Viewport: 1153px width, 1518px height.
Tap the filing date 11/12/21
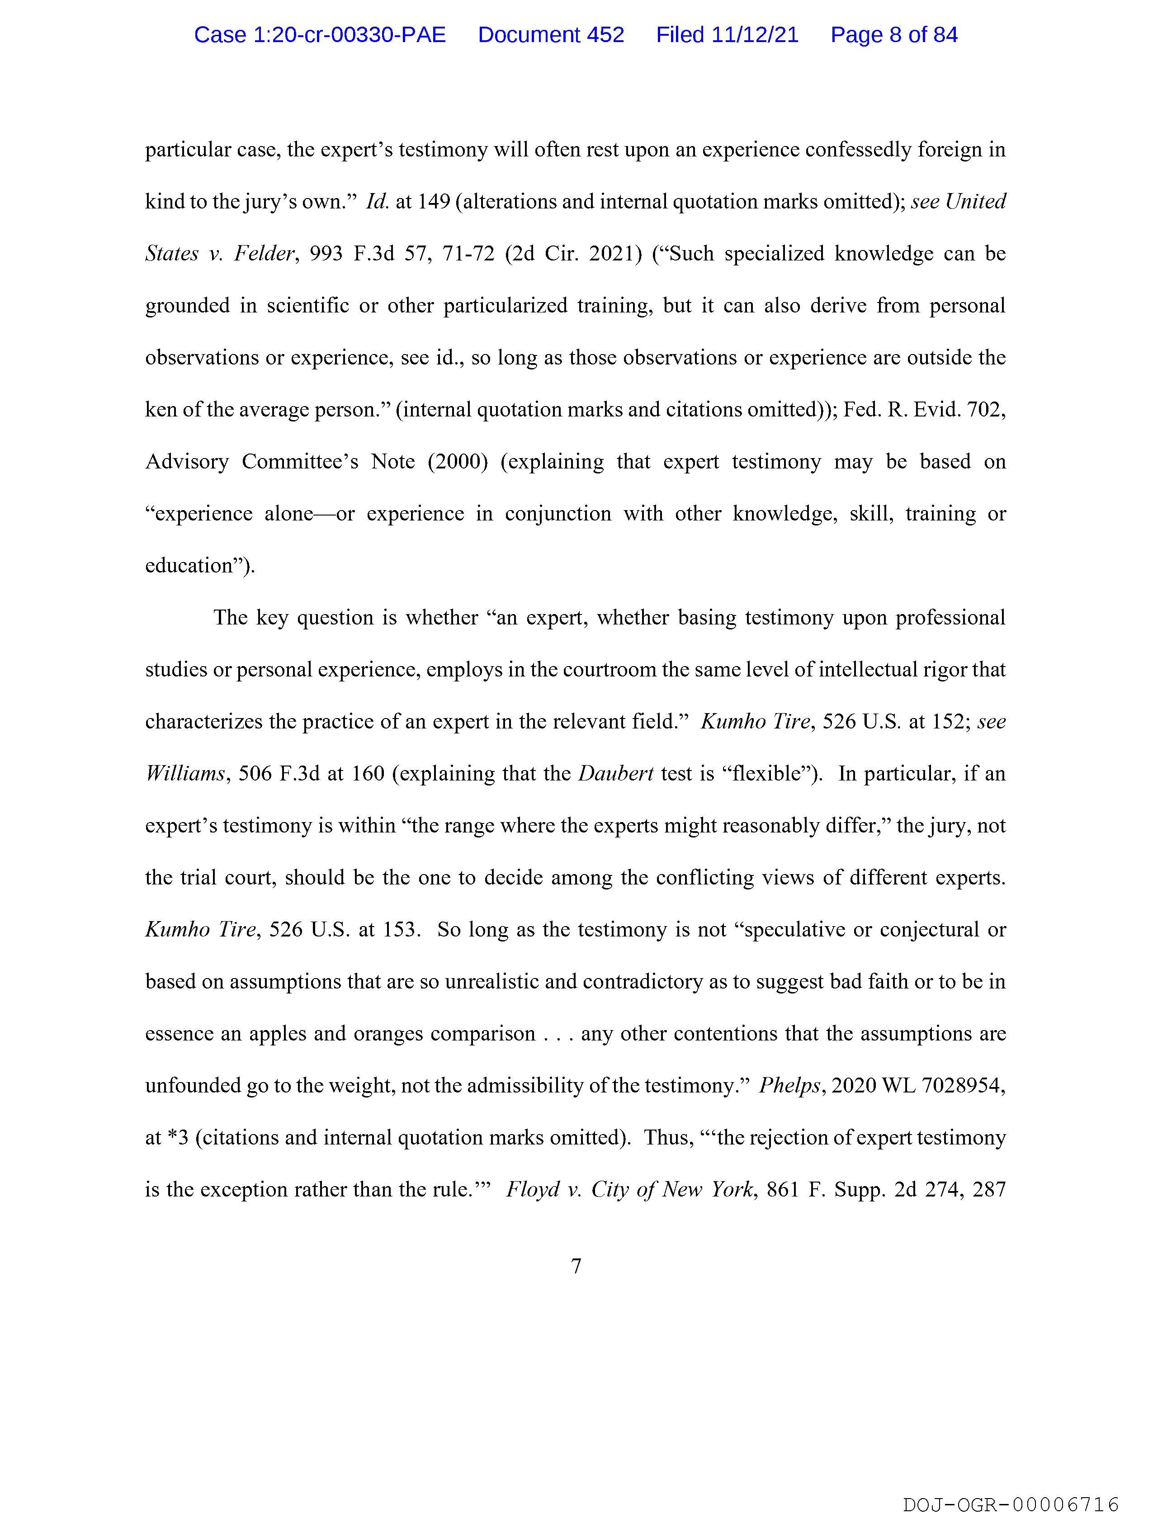755,35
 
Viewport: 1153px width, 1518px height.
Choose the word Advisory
187,462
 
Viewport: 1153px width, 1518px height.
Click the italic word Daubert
616,774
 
